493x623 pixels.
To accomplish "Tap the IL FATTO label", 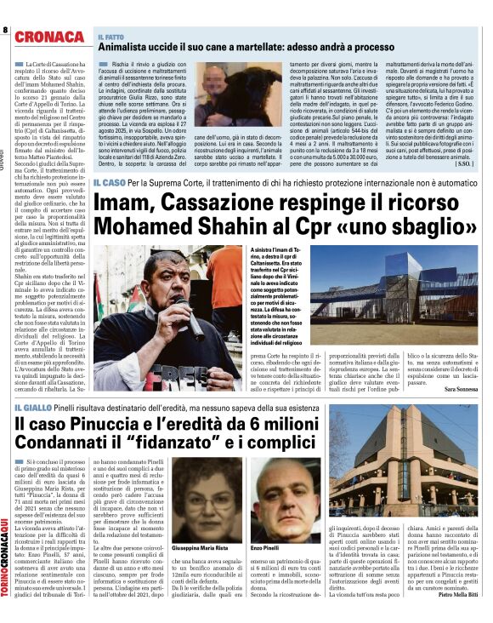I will (x=112, y=36).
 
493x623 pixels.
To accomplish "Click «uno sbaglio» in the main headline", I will (x=422, y=228).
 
